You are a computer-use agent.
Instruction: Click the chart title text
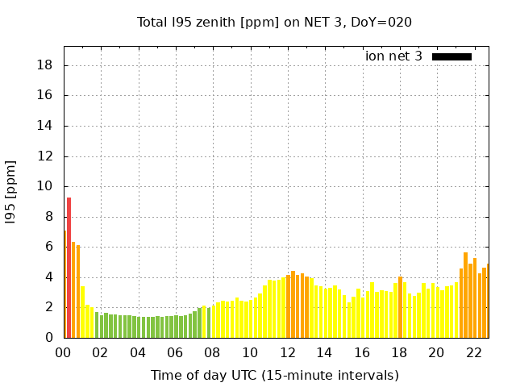tap(274, 22)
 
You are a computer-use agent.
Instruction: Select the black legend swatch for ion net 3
tap(451, 56)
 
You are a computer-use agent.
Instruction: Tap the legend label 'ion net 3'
tap(393, 56)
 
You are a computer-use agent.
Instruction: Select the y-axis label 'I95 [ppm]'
tap(11, 202)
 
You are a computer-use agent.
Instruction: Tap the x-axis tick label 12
tap(287, 353)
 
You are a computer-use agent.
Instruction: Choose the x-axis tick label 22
tap(473, 353)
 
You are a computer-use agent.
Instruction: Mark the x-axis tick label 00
tap(64, 353)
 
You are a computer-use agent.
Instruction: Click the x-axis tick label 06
tap(175, 353)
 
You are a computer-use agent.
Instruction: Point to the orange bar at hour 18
tap(400, 307)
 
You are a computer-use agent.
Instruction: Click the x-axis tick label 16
tap(361, 353)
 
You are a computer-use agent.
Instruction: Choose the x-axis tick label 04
tap(138, 353)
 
